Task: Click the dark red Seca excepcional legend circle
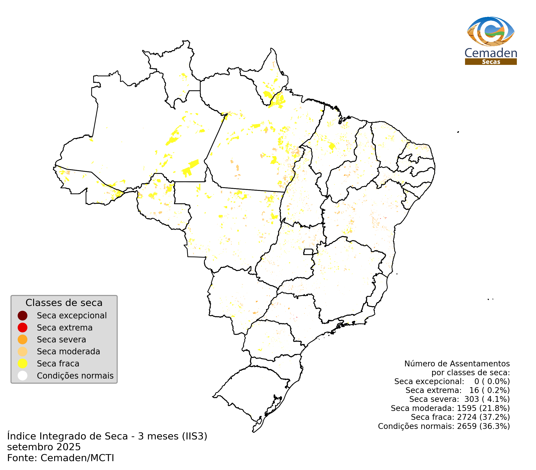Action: click(x=23, y=316)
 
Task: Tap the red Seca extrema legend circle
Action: click(x=23, y=328)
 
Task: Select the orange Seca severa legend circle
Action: click(x=23, y=340)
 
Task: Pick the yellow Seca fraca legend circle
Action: click(x=23, y=364)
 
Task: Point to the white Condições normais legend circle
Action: click(x=23, y=376)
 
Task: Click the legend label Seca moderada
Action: click(x=68, y=351)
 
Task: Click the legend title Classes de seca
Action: click(x=64, y=303)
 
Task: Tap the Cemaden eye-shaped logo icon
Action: click(x=490, y=32)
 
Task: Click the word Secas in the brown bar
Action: click(x=491, y=62)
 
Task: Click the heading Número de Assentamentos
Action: click(x=457, y=364)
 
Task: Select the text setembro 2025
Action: click(x=44, y=447)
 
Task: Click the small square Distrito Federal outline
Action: click(x=308, y=252)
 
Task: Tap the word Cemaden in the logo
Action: click(x=491, y=53)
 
